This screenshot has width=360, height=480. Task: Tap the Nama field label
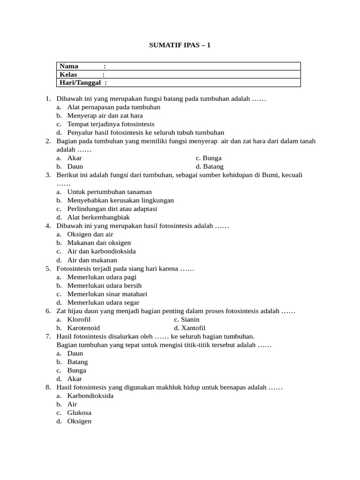click(69, 66)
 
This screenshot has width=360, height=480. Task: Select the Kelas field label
click(68, 75)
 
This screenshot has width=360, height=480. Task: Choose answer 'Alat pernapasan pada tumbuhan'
click(113, 107)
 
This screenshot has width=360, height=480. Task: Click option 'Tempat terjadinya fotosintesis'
click(111, 124)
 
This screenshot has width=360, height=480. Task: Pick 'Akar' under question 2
click(75, 158)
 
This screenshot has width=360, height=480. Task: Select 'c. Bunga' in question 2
click(209, 158)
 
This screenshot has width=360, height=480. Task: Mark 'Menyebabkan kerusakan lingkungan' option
click(120, 200)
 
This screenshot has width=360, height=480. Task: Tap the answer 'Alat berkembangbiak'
click(98, 217)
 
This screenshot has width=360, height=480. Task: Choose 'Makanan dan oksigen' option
click(98, 243)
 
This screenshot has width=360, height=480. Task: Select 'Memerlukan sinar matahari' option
click(107, 294)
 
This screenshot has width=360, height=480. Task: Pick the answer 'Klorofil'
click(79, 319)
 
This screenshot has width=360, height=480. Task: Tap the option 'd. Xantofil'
click(189, 328)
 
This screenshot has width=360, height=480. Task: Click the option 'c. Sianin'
click(187, 319)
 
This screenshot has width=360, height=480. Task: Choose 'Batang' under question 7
click(77, 362)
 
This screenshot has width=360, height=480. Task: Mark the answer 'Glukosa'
click(79, 412)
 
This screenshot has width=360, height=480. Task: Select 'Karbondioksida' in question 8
click(90, 396)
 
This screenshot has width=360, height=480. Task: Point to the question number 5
click(48, 269)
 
